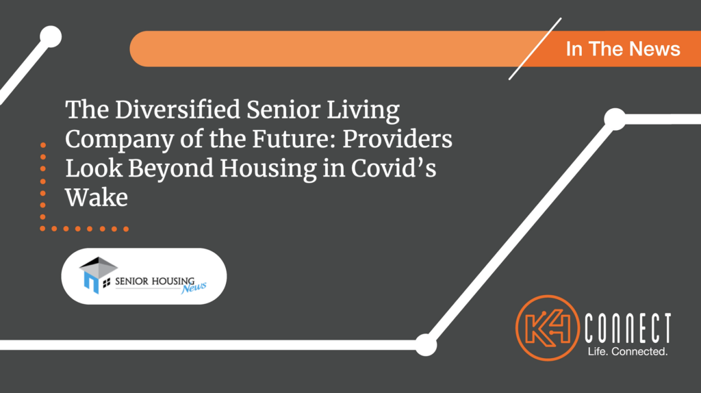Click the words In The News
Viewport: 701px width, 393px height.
point(623,49)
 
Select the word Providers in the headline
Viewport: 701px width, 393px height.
point(398,139)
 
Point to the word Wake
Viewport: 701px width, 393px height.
point(97,197)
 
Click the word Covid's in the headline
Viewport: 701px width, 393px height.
point(394,168)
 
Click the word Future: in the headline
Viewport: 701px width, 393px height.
point(294,139)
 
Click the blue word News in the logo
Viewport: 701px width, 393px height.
point(194,288)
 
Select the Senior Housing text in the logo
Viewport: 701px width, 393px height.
point(155,281)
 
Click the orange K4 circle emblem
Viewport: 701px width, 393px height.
point(548,328)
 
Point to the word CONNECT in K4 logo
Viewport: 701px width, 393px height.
point(628,329)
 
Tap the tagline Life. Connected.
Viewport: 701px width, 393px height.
point(628,351)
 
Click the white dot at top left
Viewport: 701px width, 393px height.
point(51,37)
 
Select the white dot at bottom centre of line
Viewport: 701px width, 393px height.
point(426,344)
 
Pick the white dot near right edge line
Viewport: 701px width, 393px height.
point(615,119)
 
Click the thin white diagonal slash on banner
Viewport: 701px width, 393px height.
point(535,49)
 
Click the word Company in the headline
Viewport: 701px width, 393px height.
point(119,140)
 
